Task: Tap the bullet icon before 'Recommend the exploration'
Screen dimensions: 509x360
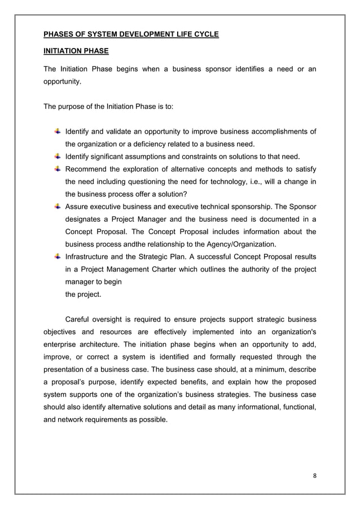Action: (58, 169)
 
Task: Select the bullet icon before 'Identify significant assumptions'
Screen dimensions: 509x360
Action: (58, 156)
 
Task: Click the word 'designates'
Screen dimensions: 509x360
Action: (84, 219)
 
